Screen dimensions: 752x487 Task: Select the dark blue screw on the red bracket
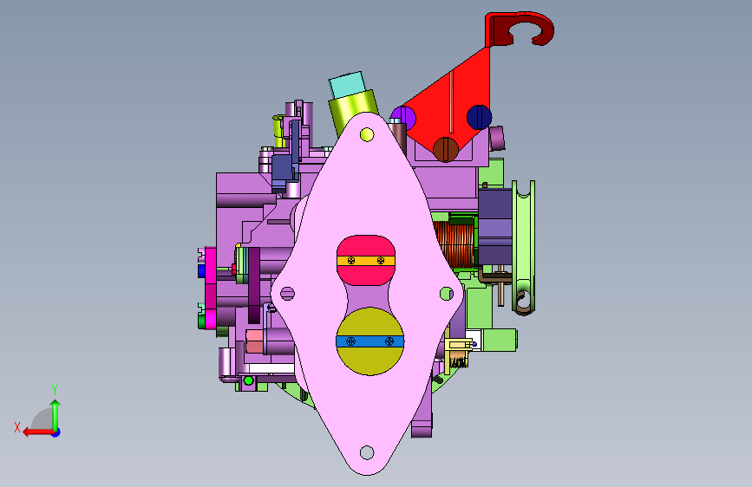(479, 118)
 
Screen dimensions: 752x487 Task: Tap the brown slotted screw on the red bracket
(446, 149)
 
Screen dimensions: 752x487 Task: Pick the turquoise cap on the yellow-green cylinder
(347, 84)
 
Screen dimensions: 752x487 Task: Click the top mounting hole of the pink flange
(367, 134)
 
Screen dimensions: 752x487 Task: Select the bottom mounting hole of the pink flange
(367, 452)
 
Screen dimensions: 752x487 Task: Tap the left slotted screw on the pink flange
(287, 294)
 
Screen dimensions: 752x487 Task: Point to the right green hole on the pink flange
(447, 294)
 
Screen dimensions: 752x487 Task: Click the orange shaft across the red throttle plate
(366, 261)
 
